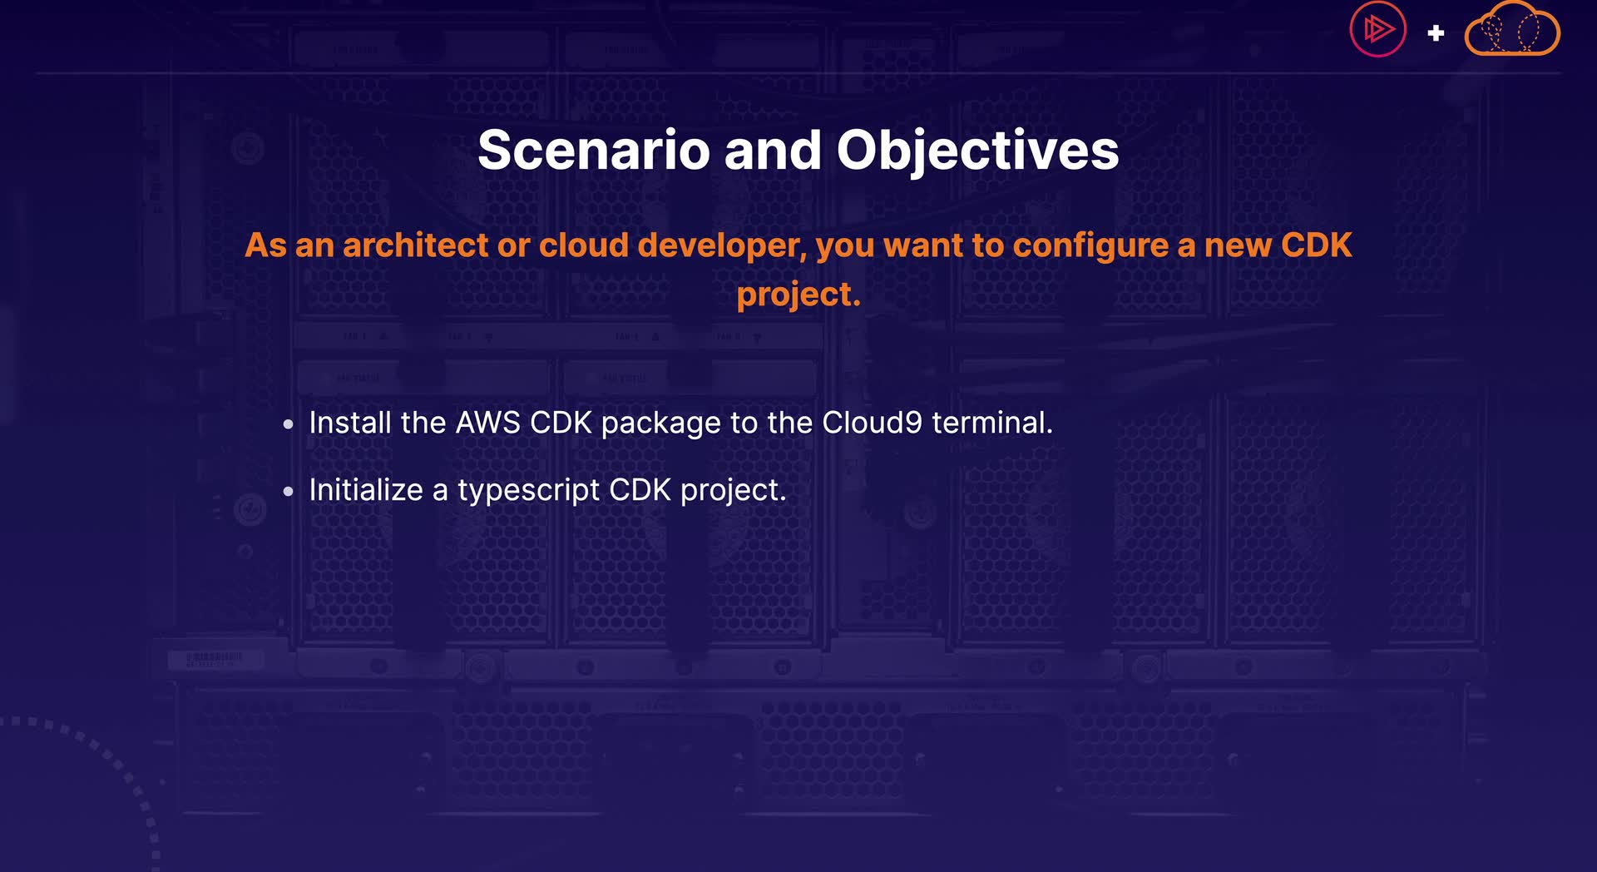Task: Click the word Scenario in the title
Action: coord(594,151)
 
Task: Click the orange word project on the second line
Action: coord(798,295)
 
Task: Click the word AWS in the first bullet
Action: coord(488,423)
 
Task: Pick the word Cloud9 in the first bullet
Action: coord(872,423)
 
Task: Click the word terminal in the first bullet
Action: coord(992,423)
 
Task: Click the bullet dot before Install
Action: coord(289,425)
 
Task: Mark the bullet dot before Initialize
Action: coord(289,492)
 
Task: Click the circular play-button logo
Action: coord(1377,30)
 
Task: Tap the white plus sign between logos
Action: coord(1436,33)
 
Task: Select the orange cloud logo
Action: coord(1512,29)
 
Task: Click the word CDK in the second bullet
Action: coord(640,490)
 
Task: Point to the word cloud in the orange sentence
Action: coord(584,245)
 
